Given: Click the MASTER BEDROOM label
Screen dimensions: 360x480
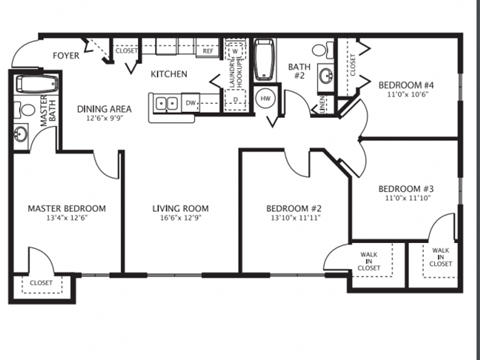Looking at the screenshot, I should click(66, 208).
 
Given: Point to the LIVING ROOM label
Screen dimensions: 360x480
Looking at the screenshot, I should click(179, 208).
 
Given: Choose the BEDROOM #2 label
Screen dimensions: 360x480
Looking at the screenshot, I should click(292, 208).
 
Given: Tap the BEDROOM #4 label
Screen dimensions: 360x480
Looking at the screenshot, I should click(405, 84).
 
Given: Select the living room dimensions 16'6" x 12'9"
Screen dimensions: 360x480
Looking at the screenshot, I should click(179, 220).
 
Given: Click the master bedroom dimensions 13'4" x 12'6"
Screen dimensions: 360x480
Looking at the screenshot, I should click(66, 220).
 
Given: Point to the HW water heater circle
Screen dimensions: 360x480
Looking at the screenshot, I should click(266, 99).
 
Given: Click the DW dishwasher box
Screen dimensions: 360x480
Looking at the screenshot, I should click(189, 102).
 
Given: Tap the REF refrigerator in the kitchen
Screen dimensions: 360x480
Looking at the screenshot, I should click(209, 49).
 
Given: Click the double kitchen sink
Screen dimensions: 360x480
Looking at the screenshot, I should click(166, 102).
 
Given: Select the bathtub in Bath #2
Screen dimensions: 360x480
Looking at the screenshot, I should click(265, 62).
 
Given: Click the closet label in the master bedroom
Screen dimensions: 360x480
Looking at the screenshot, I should click(41, 283).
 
